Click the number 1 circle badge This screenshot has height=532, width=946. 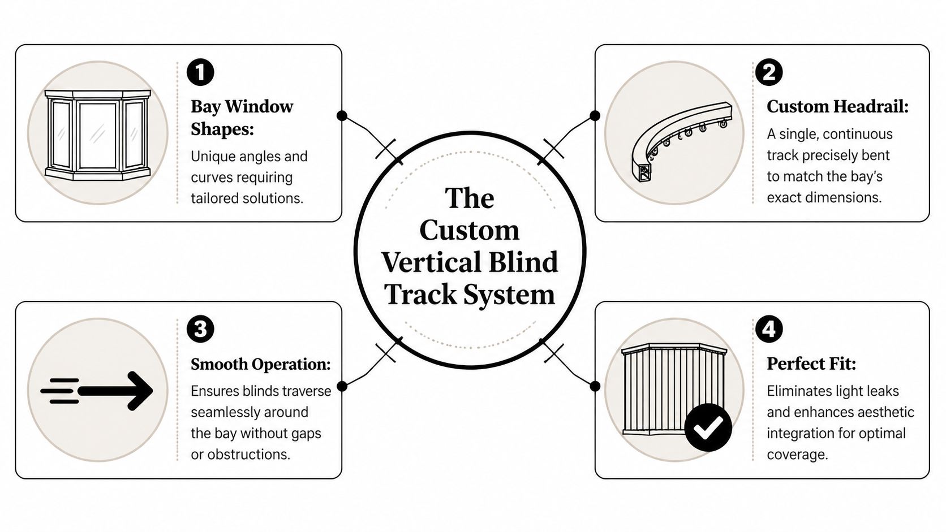point(200,72)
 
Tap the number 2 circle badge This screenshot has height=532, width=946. point(769,72)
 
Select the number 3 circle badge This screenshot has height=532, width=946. point(200,329)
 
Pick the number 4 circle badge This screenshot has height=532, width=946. point(769,329)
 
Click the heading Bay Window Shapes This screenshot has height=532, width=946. point(242,118)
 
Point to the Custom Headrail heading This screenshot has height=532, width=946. point(837,106)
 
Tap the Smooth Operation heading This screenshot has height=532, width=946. point(260,364)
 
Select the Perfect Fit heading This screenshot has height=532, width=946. point(811,364)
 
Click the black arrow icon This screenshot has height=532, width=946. point(97,390)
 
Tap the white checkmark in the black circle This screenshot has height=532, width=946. point(708,427)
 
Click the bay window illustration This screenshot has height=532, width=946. point(97,134)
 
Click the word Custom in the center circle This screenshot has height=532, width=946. point(469,230)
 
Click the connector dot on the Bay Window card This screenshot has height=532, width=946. point(342,116)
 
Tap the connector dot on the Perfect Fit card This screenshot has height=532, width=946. point(595,386)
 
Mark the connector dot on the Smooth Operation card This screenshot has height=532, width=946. point(342,386)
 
